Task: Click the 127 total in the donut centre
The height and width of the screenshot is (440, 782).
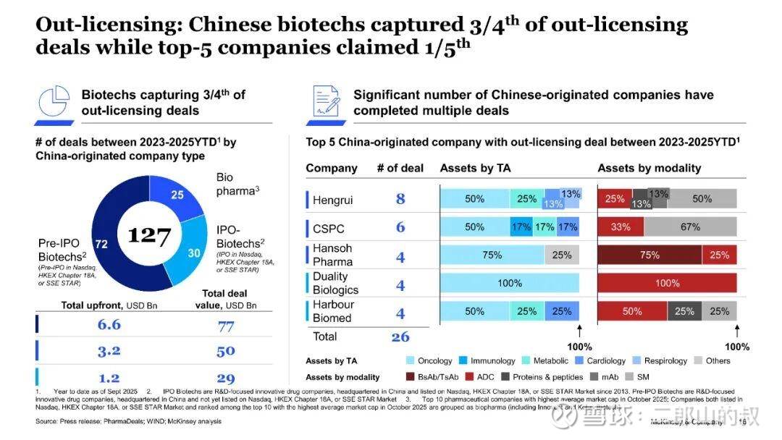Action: tap(149, 235)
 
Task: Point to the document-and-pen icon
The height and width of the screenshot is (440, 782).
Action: tap(325, 102)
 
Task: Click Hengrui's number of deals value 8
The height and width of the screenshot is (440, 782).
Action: tap(400, 199)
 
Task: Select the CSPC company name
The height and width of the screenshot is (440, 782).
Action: tap(328, 228)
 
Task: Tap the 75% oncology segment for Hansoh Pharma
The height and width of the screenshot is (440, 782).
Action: tap(492, 255)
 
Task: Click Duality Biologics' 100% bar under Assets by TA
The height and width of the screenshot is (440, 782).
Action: tap(510, 283)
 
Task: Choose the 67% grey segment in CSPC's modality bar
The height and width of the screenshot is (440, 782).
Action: tap(690, 227)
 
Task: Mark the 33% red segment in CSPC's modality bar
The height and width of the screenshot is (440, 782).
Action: tap(621, 227)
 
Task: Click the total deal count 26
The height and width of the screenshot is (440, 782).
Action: tap(400, 337)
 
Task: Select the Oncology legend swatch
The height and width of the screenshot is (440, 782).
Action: tap(411, 360)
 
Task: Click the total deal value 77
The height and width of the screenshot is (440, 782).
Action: tap(226, 326)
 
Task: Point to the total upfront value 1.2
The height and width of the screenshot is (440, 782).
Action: tap(109, 377)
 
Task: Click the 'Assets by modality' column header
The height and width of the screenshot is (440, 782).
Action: tap(649, 168)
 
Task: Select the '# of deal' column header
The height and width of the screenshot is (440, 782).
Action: tap(400, 168)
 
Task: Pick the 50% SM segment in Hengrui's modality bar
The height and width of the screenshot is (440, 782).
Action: tap(702, 199)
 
